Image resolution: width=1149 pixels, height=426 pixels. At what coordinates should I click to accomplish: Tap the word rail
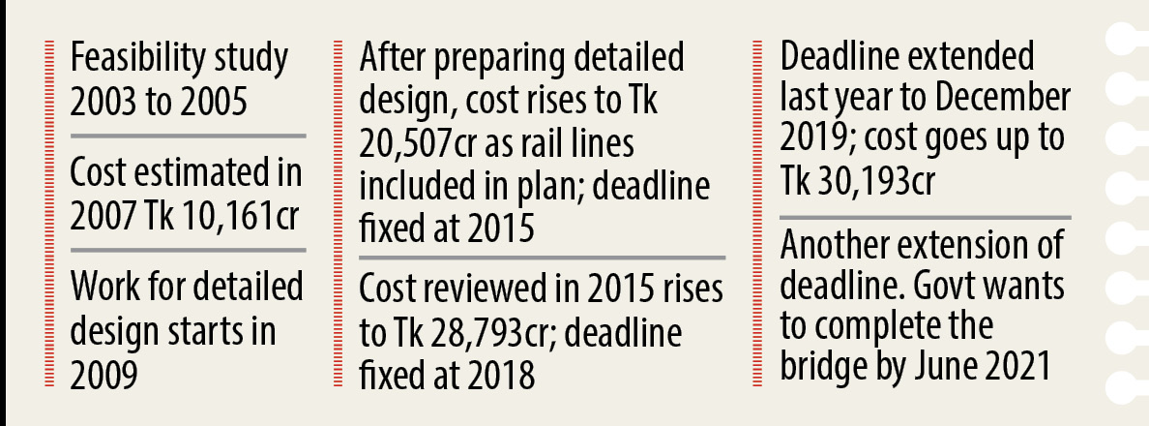548,143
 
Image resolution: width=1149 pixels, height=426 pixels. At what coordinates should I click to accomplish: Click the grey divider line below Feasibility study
188,137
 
